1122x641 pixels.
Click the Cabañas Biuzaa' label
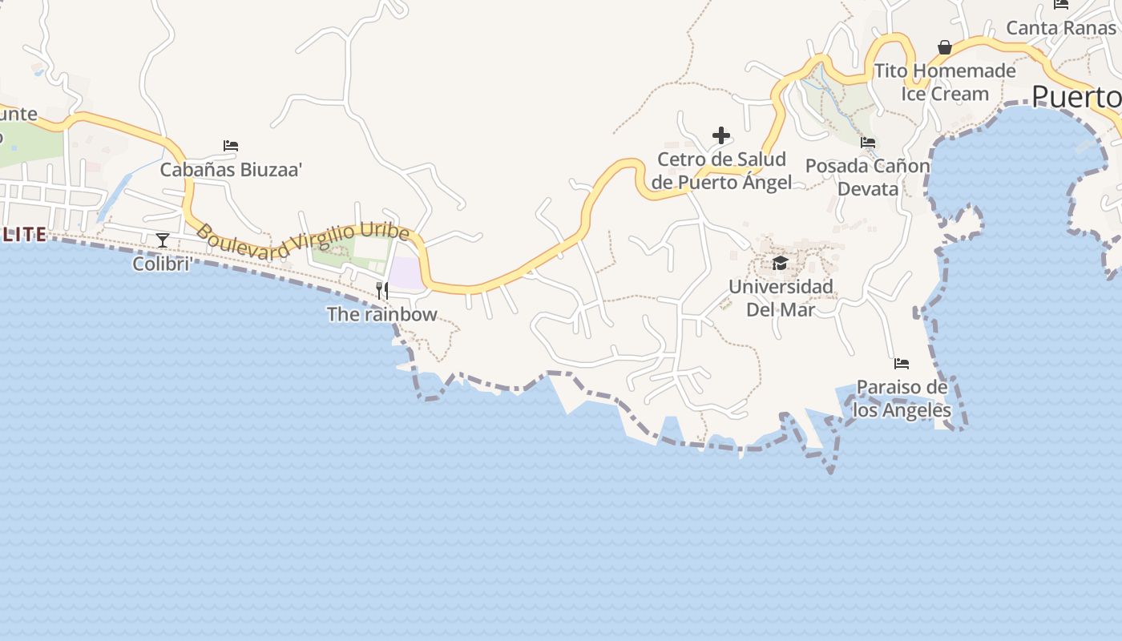(x=231, y=170)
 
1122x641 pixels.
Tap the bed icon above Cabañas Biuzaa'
(x=231, y=146)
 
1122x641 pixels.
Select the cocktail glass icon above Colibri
(x=163, y=240)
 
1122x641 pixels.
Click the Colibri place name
(x=161, y=263)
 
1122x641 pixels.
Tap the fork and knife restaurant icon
(x=382, y=290)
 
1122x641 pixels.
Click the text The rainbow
(x=382, y=314)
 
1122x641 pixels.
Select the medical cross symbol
(x=721, y=135)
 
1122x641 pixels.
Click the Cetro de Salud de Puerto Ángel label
(x=721, y=171)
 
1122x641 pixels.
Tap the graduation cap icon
(x=780, y=263)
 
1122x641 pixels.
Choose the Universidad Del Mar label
(x=781, y=298)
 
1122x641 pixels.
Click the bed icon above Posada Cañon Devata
(x=868, y=143)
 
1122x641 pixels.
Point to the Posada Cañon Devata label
(x=868, y=178)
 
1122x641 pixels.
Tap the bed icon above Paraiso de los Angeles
(x=902, y=364)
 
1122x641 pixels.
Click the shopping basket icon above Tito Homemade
(x=945, y=47)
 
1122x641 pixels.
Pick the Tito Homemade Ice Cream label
(x=945, y=83)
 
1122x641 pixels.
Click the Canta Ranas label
(x=1061, y=28)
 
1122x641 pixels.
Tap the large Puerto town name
(x=1076, y=97)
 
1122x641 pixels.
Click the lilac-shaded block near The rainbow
(x=406, y=272)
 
